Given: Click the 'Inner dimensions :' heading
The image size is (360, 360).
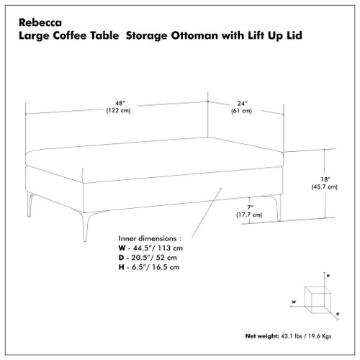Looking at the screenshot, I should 149,238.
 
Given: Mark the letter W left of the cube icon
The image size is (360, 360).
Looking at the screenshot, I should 293,302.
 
